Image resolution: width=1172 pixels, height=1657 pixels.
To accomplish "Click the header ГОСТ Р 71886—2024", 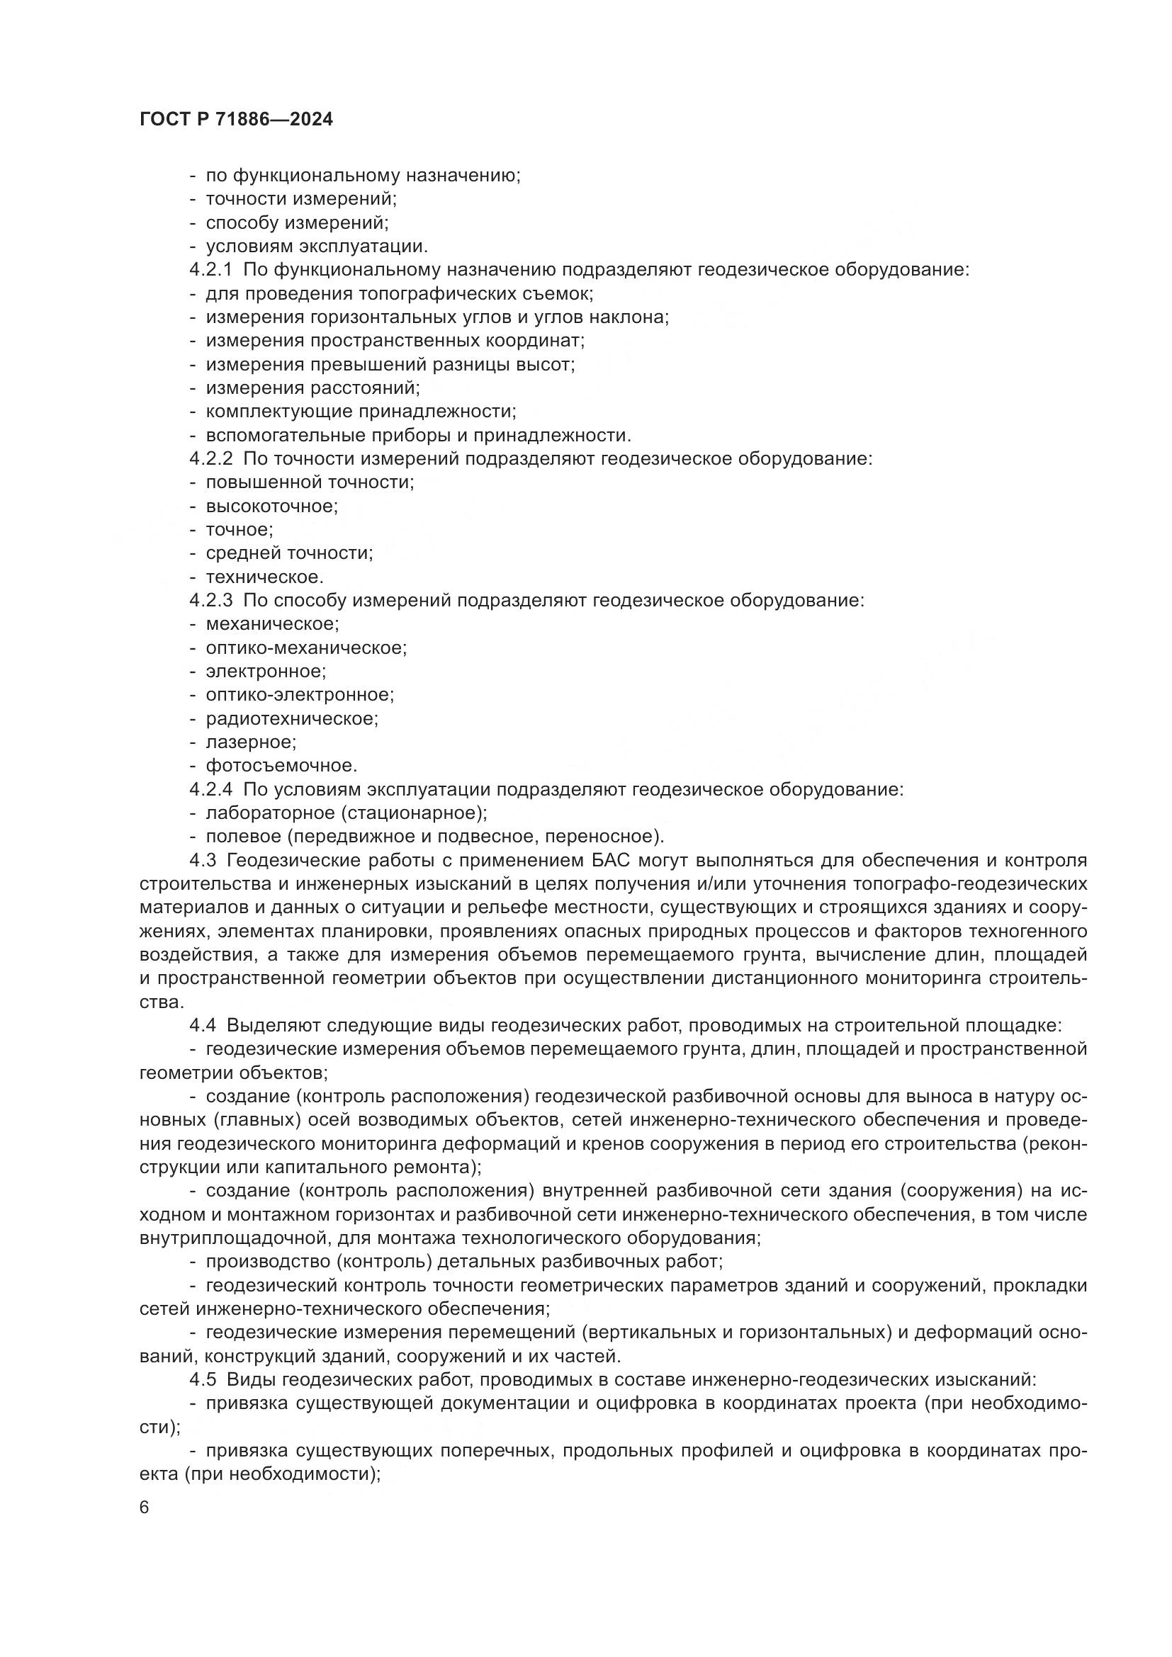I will (236, 120).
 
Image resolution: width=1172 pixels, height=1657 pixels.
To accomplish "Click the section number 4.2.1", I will (210, 270).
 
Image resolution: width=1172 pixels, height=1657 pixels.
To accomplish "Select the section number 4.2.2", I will (210, 459).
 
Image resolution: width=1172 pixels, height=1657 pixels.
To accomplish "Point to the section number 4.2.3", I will (210, 601).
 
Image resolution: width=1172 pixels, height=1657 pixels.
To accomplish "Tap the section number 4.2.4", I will (210, 789).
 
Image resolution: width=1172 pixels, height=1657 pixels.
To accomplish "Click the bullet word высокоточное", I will (271, 506).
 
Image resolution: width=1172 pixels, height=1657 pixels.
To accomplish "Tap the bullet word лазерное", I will (250, 742).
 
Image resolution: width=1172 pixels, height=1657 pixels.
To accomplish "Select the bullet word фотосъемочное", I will (281, 766).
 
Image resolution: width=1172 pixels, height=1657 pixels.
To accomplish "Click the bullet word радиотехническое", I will (291, 719).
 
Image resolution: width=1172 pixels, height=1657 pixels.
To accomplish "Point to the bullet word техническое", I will (264, 577).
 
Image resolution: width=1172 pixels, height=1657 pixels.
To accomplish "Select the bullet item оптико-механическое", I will (306, 648).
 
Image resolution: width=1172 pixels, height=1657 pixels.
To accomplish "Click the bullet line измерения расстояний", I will (312, 388).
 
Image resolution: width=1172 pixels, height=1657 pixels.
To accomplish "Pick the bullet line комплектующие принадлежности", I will (361, 412).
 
